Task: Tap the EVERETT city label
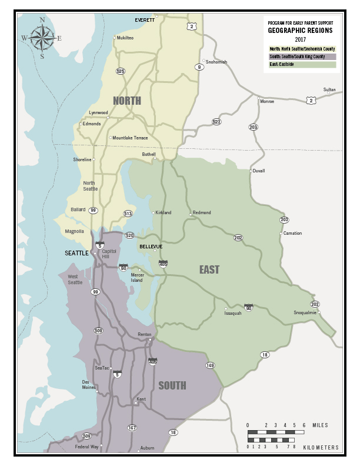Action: (145, 20)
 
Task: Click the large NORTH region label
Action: (126, 101)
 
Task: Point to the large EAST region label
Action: (209, 269)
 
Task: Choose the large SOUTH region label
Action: (172, 386)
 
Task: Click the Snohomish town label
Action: (216, 62)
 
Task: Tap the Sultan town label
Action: (329, 90)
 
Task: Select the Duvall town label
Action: (258, 171)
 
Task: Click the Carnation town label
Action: (292, 233)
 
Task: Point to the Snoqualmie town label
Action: (305, 312)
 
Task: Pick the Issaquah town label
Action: (233, 313)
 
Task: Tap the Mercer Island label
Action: (137, 277)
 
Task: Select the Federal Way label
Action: (86, 447)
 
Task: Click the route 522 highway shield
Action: (216, 122)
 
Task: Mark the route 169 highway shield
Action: (210, 365)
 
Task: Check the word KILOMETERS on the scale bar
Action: (321, 448)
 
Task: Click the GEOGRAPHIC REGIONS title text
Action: (300, 31)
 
